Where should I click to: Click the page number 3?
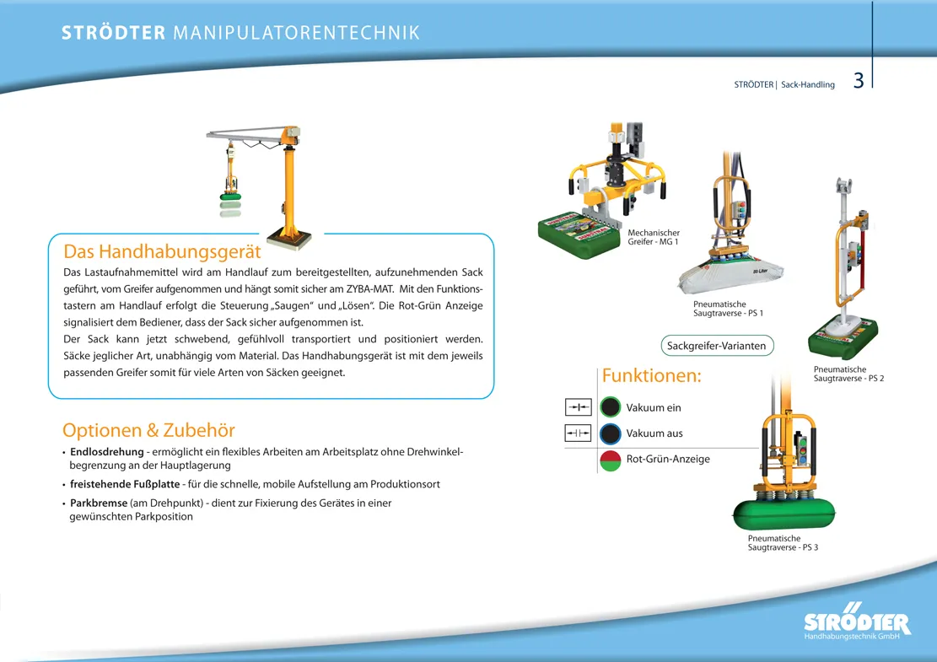859,81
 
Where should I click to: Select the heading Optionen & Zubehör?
148,430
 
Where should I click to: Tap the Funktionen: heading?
651,375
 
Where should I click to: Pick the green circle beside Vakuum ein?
611,408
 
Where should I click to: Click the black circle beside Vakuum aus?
611,434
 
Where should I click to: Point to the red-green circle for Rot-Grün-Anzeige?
611,460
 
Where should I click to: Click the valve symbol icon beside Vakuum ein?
578,408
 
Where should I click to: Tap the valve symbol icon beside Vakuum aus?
578,434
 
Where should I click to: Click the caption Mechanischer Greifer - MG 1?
654,237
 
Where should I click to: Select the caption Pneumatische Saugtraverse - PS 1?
728,309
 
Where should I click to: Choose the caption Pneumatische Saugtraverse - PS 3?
783,543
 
